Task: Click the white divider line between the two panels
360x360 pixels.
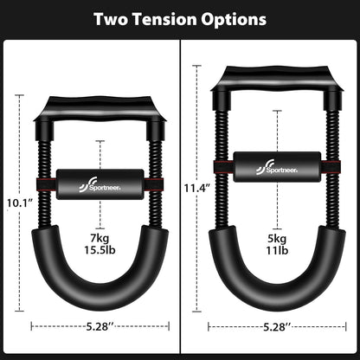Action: click(x=180, y=199)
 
